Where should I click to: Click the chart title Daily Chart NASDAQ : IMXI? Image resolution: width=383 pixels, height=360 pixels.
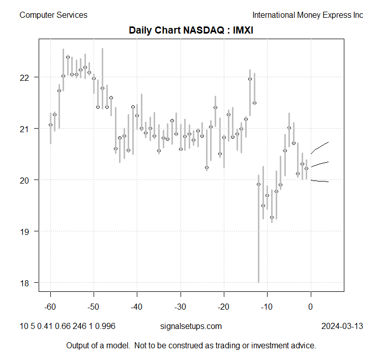point(191,31)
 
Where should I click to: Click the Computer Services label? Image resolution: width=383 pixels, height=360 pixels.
point(53,15)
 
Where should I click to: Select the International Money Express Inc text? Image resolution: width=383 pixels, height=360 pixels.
point(308,15)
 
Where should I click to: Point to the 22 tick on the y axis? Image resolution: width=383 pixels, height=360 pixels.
point(26,77)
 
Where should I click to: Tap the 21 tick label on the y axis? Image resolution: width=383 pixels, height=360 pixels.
point(26,129)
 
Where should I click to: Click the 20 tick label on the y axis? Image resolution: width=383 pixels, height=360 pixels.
point(26,180)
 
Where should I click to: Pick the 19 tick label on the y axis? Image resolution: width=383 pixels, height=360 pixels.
point(26,231)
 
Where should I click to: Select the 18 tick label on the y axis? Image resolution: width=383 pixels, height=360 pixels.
point(26,283)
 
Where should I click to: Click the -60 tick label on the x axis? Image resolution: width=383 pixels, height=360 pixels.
point(50,307)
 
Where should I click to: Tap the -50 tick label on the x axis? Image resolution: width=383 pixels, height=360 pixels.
point(94,307)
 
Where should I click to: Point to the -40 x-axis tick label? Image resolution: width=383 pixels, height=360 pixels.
point(137,307)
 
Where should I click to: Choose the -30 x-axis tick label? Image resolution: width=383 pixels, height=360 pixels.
point(180,307)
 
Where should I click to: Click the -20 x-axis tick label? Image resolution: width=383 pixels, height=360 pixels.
point(223,307)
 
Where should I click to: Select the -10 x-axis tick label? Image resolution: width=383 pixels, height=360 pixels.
point(267,307)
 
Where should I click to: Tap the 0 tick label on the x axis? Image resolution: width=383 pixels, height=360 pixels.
point(310,307)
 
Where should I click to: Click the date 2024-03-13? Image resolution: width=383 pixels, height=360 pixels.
point(342,326)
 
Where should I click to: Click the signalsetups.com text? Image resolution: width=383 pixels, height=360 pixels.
point(191,326)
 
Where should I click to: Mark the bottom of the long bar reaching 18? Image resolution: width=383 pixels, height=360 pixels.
point(258,282)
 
